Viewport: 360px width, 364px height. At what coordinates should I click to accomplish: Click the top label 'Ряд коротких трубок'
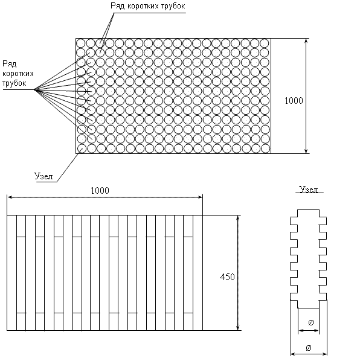pyautogui.click(x=148, y=6)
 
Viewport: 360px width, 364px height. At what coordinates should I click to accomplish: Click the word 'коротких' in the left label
pyautogui.click(x=18, y=74)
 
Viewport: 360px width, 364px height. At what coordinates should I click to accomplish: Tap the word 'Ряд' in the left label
pyautogui.click(x=10, y=64)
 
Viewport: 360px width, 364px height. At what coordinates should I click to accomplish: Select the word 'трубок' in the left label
pyautogui.click(x=14, y=83)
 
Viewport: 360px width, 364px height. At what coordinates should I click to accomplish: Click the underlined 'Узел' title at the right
pyautogui.click(x=309, y=190)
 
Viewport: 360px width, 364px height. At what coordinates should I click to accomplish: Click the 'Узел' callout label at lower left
pyautogui.click(x=43, y=176)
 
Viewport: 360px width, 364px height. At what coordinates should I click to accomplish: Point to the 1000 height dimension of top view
pyautogui.click(x=294, y=101)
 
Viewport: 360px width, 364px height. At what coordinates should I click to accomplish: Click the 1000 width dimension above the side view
pyautogui.click(x=100, y=191)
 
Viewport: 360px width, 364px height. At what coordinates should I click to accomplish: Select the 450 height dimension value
pyautogui.click(x=227, y=276)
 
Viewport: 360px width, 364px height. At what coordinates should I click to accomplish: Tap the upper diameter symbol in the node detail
pyautogui.click(x=310, y=322)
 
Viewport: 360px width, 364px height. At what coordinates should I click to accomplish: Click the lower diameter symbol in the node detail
pyautogui.click(x=309, y=348)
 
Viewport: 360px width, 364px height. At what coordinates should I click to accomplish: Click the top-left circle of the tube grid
pyautogui.click(x=81, y=43)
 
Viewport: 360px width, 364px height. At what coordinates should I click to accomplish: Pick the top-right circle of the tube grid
pyautogui.click(x=265, y=43)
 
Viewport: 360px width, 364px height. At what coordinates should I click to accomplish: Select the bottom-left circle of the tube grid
pyautogui.click(x=82, y=148)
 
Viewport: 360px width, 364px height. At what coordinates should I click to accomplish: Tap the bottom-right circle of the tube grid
pyautogui.click(x=265, y=148)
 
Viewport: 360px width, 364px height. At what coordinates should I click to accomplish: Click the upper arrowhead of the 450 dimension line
pyautogui.click(x=237, y=218)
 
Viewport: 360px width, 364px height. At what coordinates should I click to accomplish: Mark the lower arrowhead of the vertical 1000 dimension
pyautogui.click(x=306, y=151)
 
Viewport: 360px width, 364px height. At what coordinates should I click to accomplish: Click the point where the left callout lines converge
pyautogui.click(x=34, y=89)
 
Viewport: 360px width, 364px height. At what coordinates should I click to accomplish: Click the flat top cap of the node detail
pyautogui.click(x=308, y=210)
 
